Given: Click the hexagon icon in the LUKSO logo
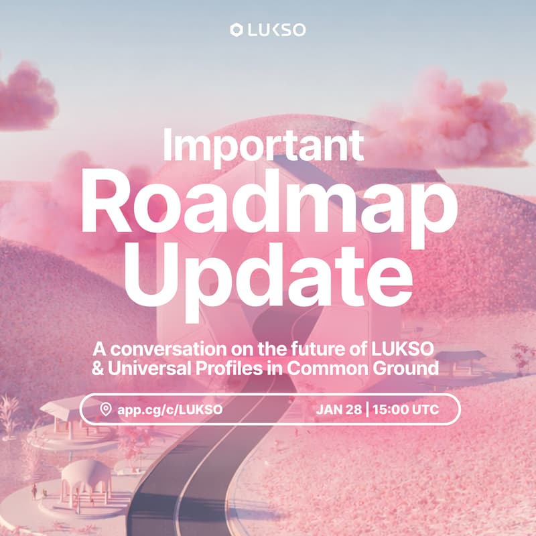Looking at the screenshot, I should pyautogui.click(x=235, y=29).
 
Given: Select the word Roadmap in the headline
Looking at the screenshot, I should pyautogui.click(x=268, y=205).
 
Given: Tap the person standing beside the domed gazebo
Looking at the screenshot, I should pyautogui.click(x=33, y=491).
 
